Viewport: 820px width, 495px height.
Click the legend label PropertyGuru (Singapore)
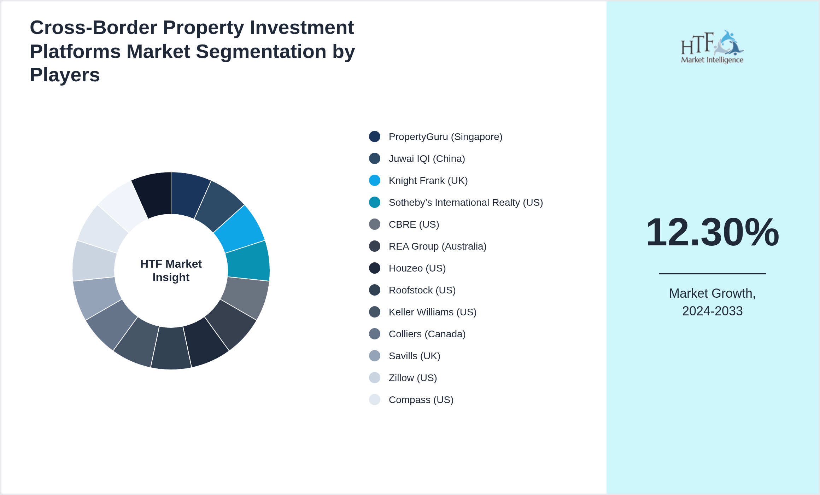pos(445,137)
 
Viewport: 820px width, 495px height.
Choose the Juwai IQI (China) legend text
pos(427,159)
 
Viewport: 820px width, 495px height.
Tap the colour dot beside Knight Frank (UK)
pos(375,181)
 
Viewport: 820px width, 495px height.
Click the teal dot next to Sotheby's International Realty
pos(375,203)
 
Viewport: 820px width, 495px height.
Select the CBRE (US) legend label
pos(414,225)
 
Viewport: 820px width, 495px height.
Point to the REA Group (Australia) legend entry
pos(437,246)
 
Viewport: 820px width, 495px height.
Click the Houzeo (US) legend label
pos(417,268)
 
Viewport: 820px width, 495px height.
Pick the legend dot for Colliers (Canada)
pos(375,334)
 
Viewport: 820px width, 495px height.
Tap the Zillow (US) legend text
pos(412,378)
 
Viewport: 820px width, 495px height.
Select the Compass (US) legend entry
pos(421,400)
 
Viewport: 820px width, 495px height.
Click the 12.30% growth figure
pos(712,232)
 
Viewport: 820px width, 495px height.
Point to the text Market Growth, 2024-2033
pos(712,302)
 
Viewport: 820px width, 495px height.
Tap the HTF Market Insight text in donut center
pos(171,270)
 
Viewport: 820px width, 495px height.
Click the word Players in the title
pos(65,75)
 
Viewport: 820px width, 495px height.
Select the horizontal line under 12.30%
pos(712,273)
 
